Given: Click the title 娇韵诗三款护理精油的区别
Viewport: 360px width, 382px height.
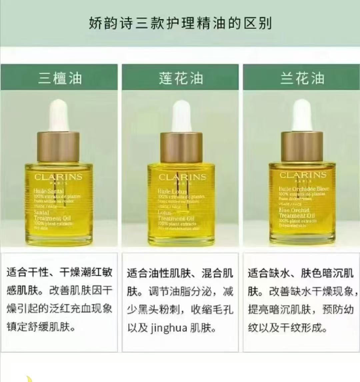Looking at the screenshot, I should pyautogui.click(x=180, y=24).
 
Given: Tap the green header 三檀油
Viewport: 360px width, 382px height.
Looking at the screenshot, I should pyautogui.click(x=60, y=78).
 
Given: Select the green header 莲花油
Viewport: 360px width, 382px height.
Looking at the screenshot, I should pyautogui.click(x=180, y=78).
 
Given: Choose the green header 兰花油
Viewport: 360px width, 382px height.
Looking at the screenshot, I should pyautogui.click(x=302, y=78).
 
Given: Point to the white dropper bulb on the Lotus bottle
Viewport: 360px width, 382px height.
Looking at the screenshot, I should pyautogui.click(x=181, y=115).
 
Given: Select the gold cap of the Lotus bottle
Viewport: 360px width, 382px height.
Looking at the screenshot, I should pyautogui.click(x=181, y=147).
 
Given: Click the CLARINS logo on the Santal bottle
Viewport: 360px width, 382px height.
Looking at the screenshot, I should pyautogui.click(x=58, y=177).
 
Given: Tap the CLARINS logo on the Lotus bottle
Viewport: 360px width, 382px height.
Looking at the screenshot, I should pyautogui.click(x=182, y=177).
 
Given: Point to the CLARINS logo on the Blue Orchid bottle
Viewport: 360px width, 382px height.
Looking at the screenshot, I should pyautogui.click(x=303, y=175).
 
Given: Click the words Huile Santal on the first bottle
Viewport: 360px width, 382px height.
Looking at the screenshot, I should pyautogui.click(x=48, y=191).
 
